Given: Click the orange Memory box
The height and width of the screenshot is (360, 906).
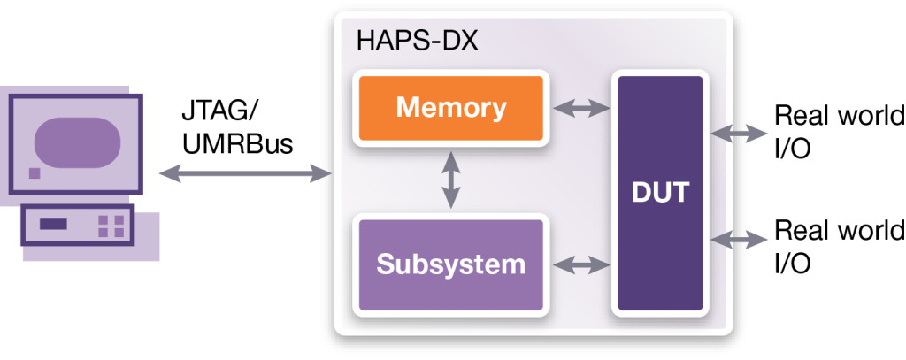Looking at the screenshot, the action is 450,108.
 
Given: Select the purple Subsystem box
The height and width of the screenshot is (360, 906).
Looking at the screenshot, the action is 450,265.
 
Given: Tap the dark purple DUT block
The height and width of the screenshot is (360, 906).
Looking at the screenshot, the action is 660,193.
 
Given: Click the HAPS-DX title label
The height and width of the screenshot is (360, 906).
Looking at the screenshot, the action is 418,42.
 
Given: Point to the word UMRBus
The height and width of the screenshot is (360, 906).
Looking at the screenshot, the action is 237,144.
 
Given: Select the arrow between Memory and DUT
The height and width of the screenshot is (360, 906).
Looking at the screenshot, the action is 581,108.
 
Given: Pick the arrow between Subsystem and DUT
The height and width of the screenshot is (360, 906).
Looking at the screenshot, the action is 581,265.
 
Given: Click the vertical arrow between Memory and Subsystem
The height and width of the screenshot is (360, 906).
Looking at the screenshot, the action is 450,180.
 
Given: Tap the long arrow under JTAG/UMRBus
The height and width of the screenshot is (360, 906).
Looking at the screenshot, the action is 245,173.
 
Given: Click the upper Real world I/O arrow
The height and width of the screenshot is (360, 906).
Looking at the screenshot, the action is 739,134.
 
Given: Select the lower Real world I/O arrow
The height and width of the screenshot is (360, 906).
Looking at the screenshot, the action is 739,239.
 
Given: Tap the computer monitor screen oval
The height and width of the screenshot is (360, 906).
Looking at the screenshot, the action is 78,142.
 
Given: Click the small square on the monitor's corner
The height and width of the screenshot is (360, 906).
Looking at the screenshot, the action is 35,172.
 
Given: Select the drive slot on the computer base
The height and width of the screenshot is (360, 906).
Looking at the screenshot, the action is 53,224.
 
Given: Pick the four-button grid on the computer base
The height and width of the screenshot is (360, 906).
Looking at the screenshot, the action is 111,226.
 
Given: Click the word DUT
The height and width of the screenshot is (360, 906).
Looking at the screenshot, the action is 660,193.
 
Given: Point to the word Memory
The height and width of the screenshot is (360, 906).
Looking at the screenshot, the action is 450,108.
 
